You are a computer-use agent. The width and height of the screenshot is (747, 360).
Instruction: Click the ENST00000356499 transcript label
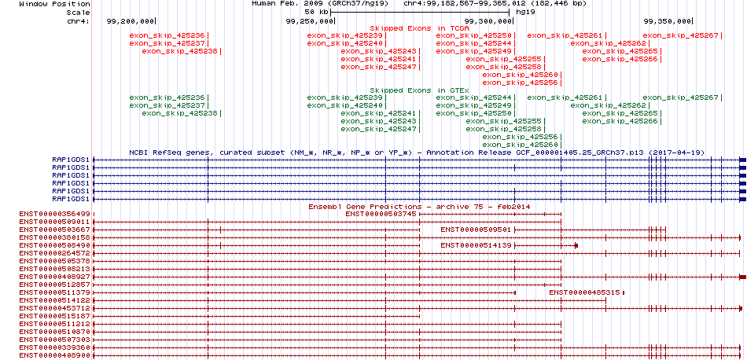point(55,214)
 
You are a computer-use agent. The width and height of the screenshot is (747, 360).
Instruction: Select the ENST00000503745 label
point(381,214)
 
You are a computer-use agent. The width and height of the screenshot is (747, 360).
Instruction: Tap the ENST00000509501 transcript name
point(476,230)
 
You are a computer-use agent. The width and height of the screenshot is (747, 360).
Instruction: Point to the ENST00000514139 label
point(476,245)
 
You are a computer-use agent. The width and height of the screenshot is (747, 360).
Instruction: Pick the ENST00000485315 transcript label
point(584,292)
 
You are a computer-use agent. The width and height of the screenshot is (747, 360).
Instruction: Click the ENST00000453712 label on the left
point(55,308)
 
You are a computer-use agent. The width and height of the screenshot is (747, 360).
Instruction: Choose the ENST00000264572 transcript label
point(55,253)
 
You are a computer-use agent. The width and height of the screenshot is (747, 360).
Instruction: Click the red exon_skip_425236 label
point(167,35)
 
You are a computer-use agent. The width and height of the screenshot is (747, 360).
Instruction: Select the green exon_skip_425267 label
point(680,97)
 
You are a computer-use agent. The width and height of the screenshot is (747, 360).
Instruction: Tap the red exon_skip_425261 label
point(565,35)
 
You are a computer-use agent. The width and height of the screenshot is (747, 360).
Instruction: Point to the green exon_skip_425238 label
point(179,113)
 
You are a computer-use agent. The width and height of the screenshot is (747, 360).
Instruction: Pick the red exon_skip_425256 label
point(521,83)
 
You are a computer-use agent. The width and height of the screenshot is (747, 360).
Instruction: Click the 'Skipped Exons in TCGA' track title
point(420,28)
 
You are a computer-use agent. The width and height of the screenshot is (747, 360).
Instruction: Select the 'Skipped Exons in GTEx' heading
point(420,90)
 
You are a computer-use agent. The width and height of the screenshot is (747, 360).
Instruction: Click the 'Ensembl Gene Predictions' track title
point(365,208)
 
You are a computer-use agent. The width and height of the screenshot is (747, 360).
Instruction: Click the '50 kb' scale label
point(316,12)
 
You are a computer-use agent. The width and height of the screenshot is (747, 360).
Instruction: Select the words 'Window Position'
point(55,4)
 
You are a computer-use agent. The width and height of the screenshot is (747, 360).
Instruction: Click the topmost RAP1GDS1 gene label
point(71,160)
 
